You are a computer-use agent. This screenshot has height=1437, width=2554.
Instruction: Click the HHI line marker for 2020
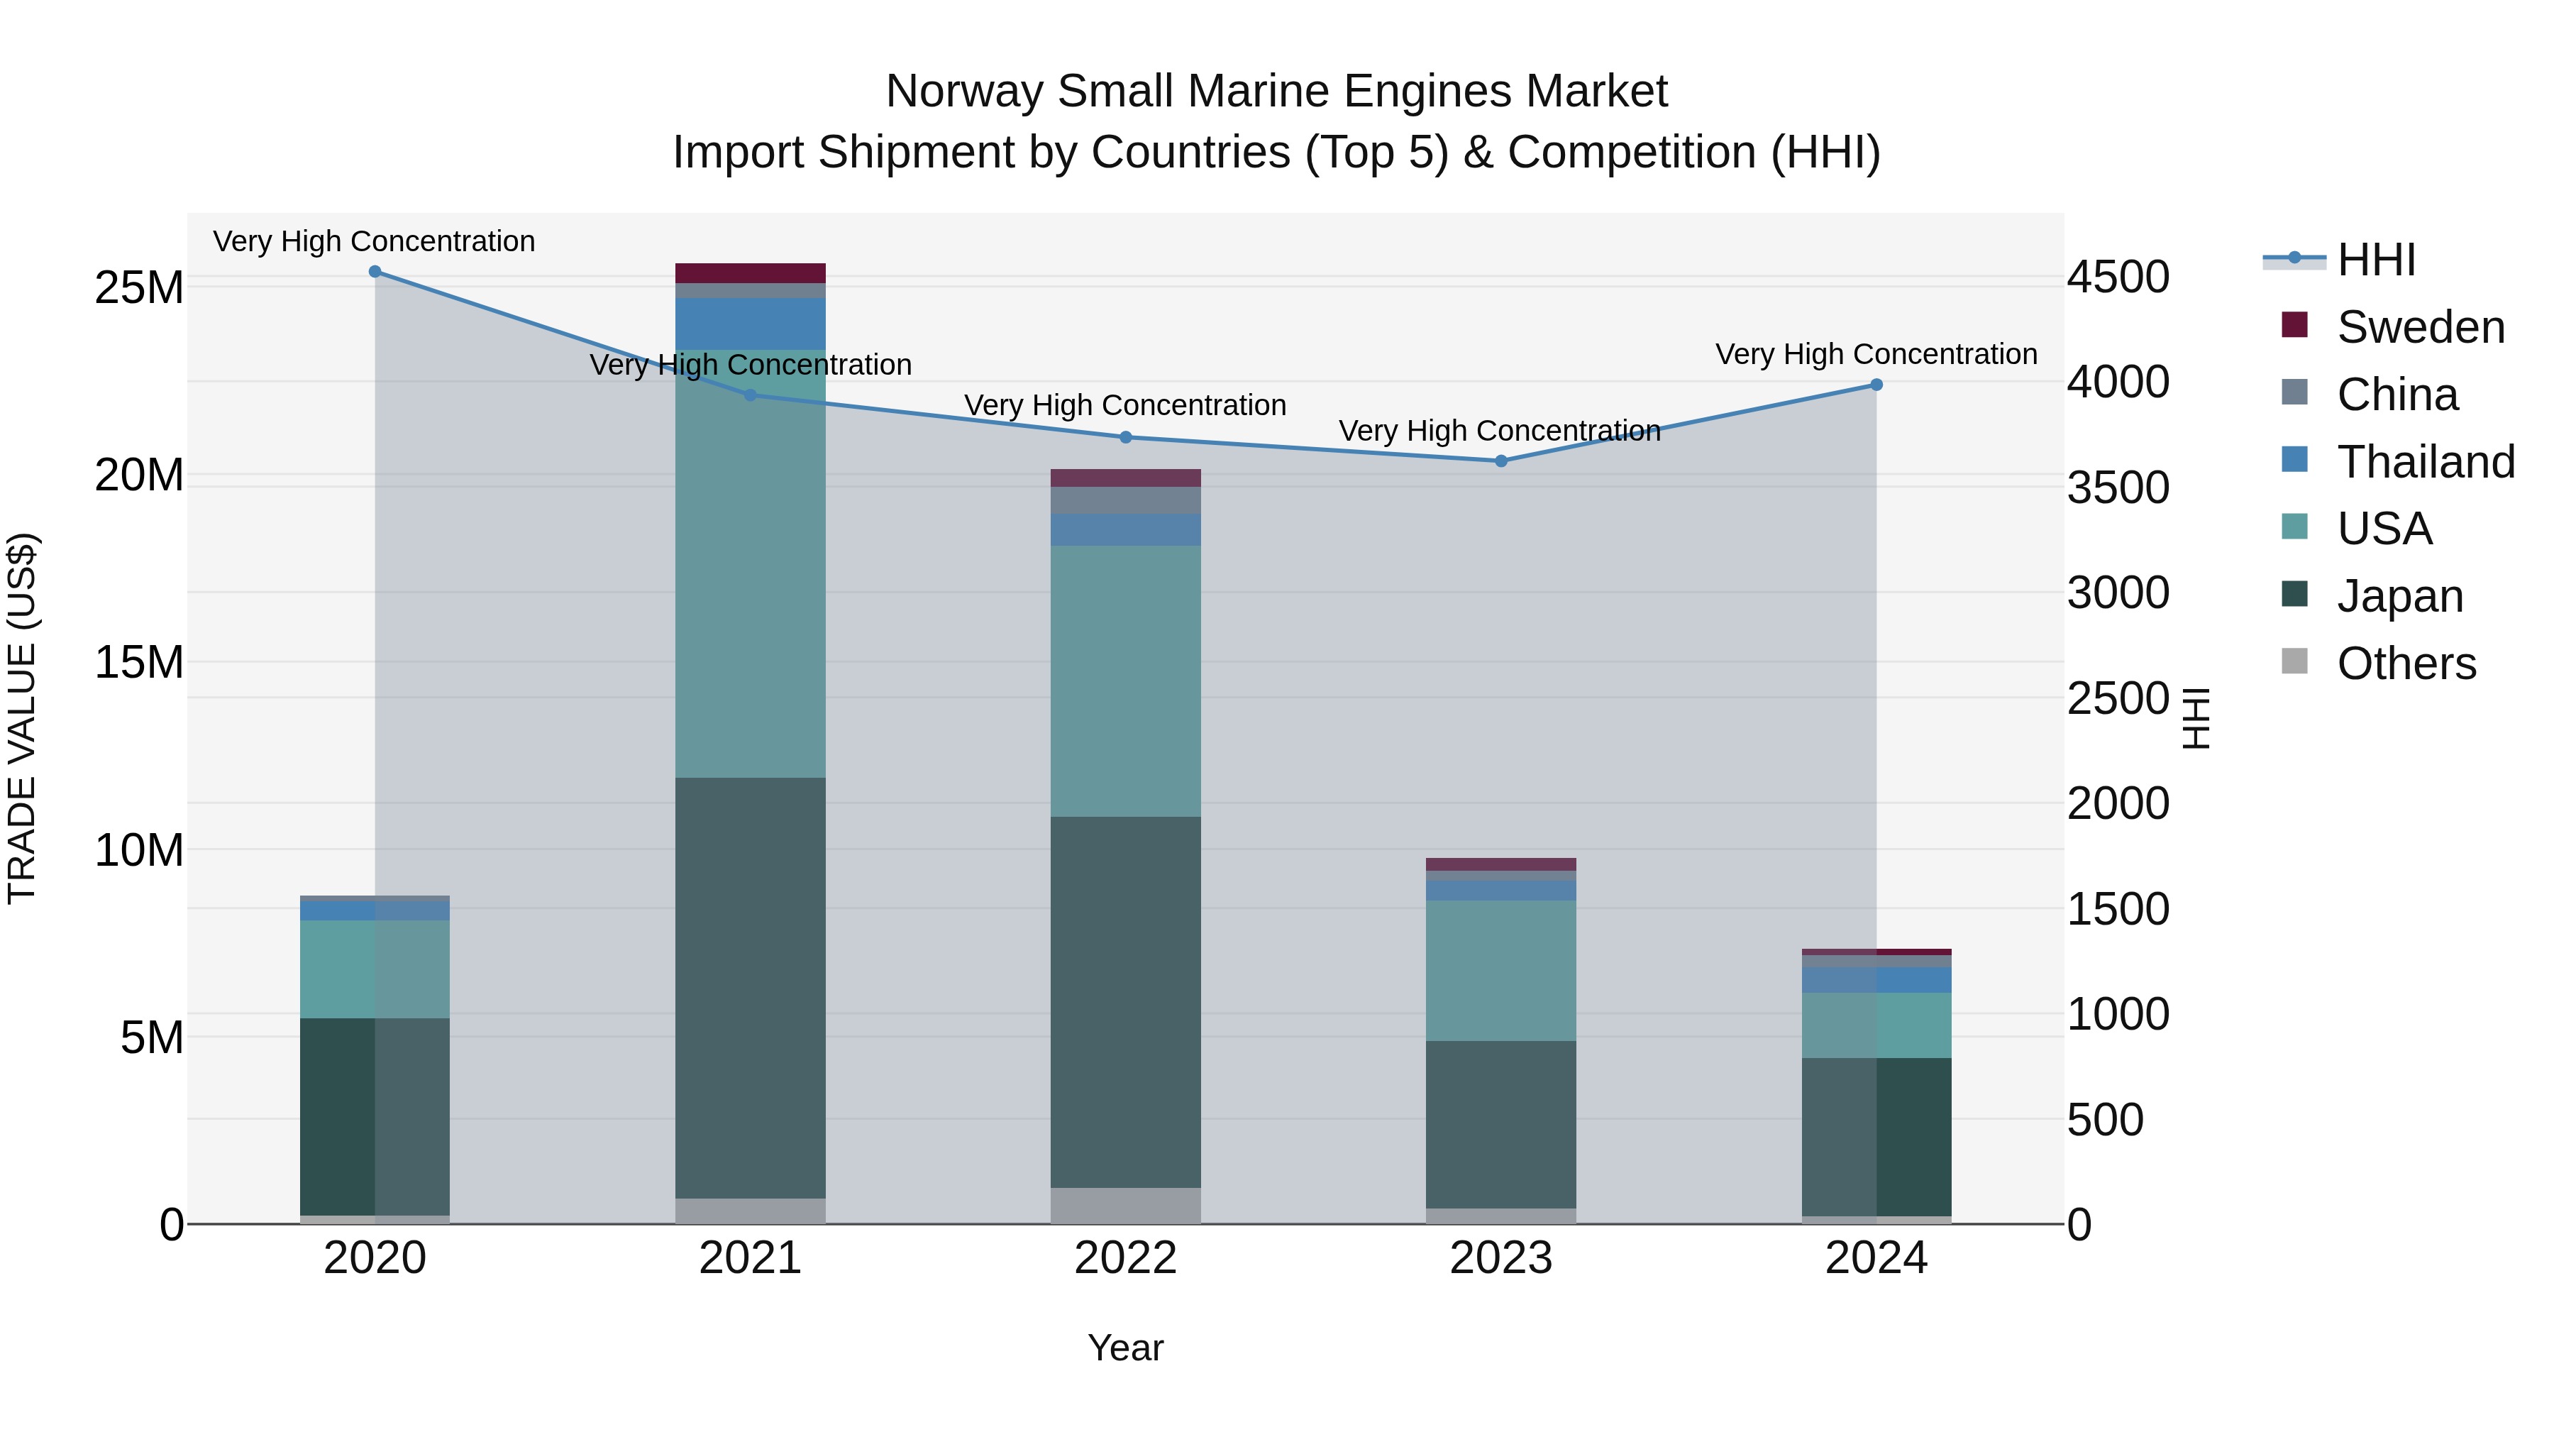(375, 272)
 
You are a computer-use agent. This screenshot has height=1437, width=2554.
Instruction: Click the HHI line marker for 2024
(1876, 385)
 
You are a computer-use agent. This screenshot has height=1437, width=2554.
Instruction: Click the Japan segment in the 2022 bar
(1125, 1001)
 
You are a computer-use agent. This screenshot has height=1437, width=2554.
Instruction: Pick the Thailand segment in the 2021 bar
(750, 324)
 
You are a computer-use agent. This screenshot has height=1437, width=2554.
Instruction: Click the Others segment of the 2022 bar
(1125, 1205)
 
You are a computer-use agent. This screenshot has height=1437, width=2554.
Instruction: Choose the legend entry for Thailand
(2424, 462)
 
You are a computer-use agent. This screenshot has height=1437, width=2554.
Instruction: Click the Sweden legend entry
(2419, 327)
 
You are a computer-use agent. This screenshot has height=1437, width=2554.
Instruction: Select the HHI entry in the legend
(2375, 260)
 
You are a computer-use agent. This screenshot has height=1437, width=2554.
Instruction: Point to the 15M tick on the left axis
(139, 663)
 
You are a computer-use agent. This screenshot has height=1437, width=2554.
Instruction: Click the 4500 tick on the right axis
(2118, 277)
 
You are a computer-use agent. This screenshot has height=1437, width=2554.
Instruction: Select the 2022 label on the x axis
(1125, 1258)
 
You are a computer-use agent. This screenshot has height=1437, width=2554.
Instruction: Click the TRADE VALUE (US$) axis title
(22, 718)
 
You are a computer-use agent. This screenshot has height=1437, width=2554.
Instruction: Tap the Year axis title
(1125, 1348)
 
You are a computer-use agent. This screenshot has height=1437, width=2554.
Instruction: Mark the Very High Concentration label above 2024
(1876, 354)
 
